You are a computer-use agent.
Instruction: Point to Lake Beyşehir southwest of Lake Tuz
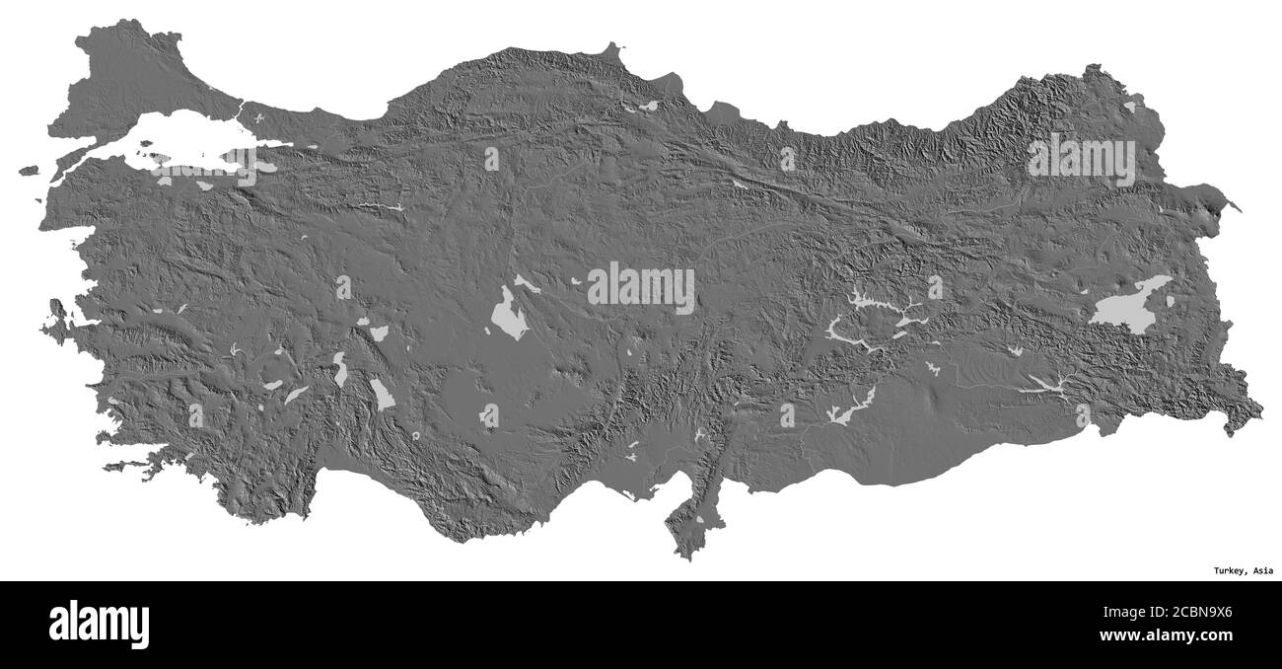382,394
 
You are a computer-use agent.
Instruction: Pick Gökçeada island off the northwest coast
28,171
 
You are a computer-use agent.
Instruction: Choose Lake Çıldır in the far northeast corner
1128,106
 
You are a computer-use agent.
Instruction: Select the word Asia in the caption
1261,570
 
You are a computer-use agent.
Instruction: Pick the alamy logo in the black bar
99,624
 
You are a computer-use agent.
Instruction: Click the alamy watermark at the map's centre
641,287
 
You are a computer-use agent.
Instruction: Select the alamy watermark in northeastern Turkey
1082,160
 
